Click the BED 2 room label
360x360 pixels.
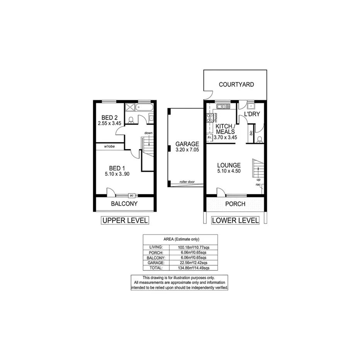(x=110, y=117)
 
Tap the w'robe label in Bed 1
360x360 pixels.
(x=109, y=146)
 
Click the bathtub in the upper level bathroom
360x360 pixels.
(x=145, y=107)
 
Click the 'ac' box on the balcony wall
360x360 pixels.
(x=131, y=195)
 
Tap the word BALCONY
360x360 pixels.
(x=124, y=204)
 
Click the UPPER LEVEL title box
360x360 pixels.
(x=124, y=221)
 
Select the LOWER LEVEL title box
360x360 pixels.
(x=235, y=221)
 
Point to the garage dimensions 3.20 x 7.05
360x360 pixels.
(x=187, y=150)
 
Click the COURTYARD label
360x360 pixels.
(x=236, y=85)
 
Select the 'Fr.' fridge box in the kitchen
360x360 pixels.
(x=209, y=137)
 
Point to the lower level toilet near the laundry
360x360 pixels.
(x=260, y=139)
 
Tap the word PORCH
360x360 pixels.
(x=235, y=204)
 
